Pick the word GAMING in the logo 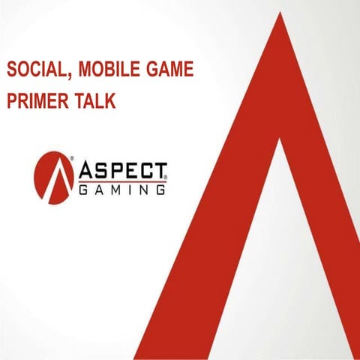pos(123,190)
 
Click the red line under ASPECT pos(123,181)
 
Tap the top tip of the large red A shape pos(281,16)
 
